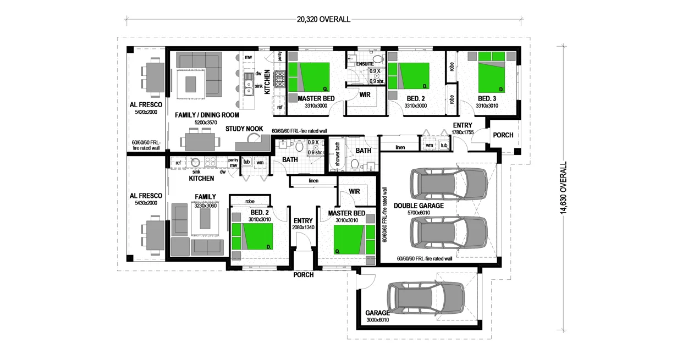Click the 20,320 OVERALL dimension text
tap(323, 19)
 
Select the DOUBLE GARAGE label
tap(419, 206)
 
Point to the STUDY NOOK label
tap(244, 129)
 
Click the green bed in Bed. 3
tap(491, 72)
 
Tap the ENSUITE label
tap(365, 64)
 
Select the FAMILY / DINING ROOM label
tap(207, 115)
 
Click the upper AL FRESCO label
tap(146, 104)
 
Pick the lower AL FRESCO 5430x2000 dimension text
tap(146, 203)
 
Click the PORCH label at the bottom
tap(303, 275)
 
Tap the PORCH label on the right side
tap(503, 135)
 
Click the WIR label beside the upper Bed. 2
tap(364, 95)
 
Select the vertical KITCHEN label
tap(267, 82)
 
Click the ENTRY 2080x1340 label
tap(303, 224)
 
